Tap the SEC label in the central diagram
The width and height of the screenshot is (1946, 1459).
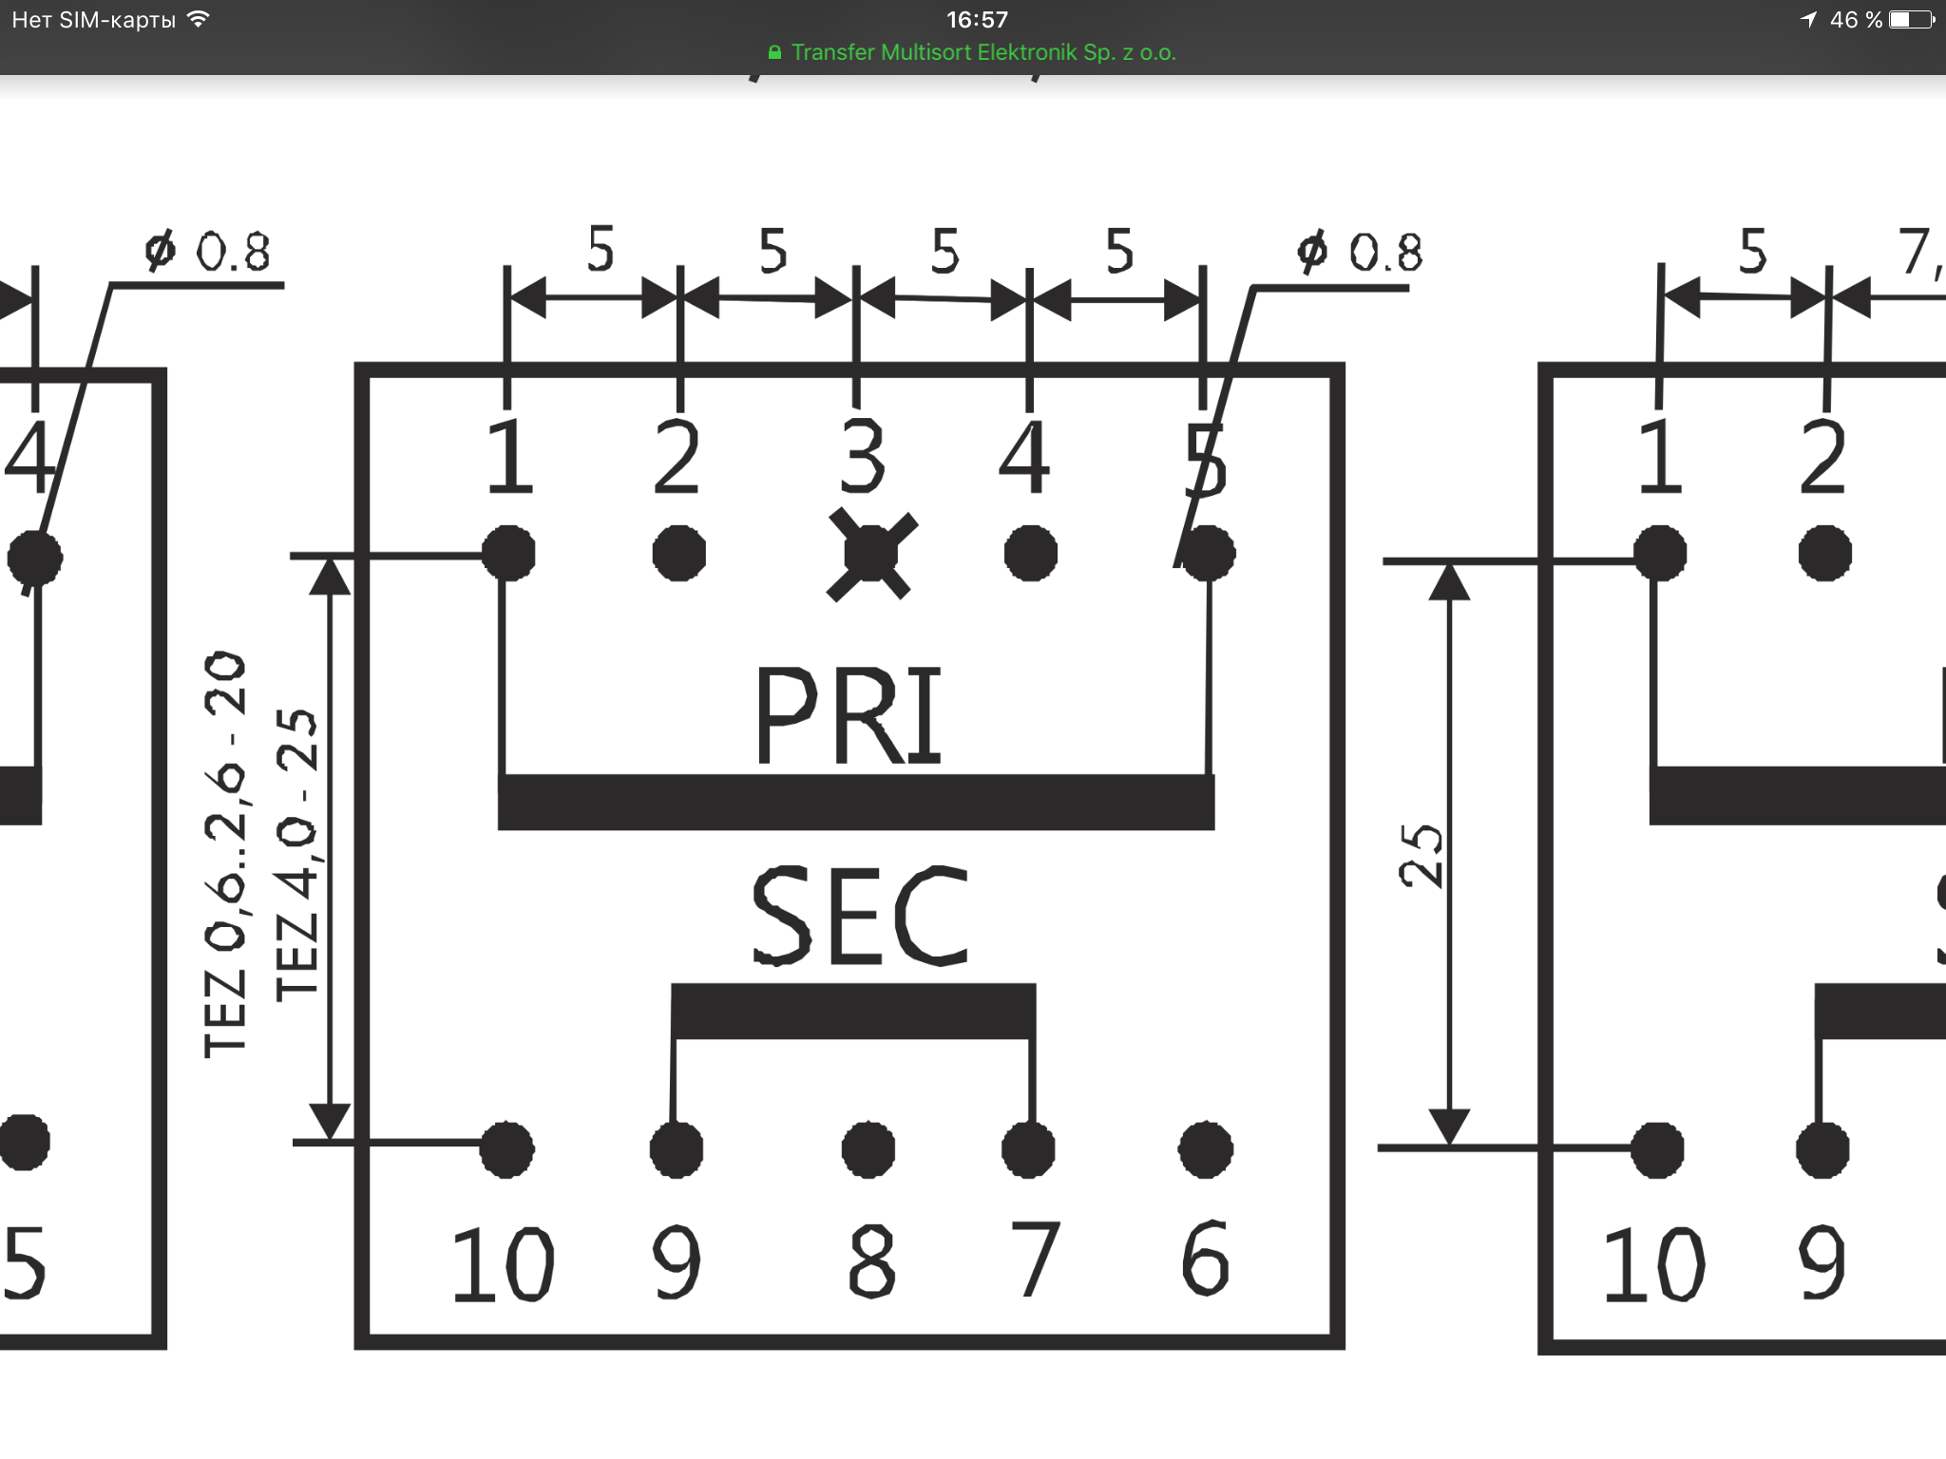[859, 916]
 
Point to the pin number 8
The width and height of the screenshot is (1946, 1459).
[870, 1260]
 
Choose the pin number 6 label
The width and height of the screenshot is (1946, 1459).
[1205, 1259]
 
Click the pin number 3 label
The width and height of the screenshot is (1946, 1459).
[863, 457]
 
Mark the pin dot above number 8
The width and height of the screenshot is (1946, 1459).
[868, 1149]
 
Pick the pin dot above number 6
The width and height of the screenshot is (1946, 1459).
[1206, 1150]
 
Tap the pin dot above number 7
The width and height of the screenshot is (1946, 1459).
[1029, 1150]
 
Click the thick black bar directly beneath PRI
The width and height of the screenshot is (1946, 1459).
[856, 802]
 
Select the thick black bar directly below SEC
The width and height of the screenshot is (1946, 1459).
[853, 1011]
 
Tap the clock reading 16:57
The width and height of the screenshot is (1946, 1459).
[977, 19]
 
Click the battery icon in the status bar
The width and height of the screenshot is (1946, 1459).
[1911, 19]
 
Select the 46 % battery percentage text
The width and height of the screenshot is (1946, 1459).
[1856, 20]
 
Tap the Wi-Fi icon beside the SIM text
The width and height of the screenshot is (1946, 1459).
[199, 19]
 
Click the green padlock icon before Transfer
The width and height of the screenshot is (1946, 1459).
[774, 53]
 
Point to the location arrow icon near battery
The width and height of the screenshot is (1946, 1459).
[1808, 19]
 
